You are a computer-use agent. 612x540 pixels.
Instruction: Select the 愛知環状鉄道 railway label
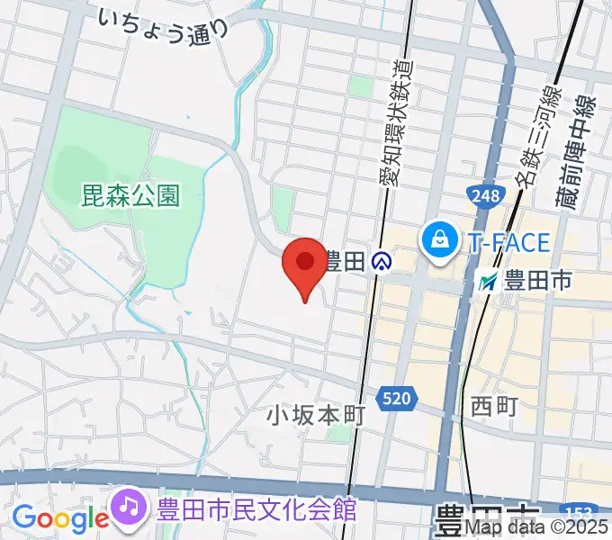(x=393, y=117)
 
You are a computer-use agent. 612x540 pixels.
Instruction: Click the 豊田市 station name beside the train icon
(x=537, y=282)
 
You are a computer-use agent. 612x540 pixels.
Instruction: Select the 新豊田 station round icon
(x=382, y=262)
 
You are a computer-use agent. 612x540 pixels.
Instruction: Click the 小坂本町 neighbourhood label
(x=315, y=415)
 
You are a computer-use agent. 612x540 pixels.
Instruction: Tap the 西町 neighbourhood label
(x=494, y=406)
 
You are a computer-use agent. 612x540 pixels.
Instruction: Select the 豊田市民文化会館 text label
(x=256, y=509)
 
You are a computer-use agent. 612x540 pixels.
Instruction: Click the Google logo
(x=59, y=518)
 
